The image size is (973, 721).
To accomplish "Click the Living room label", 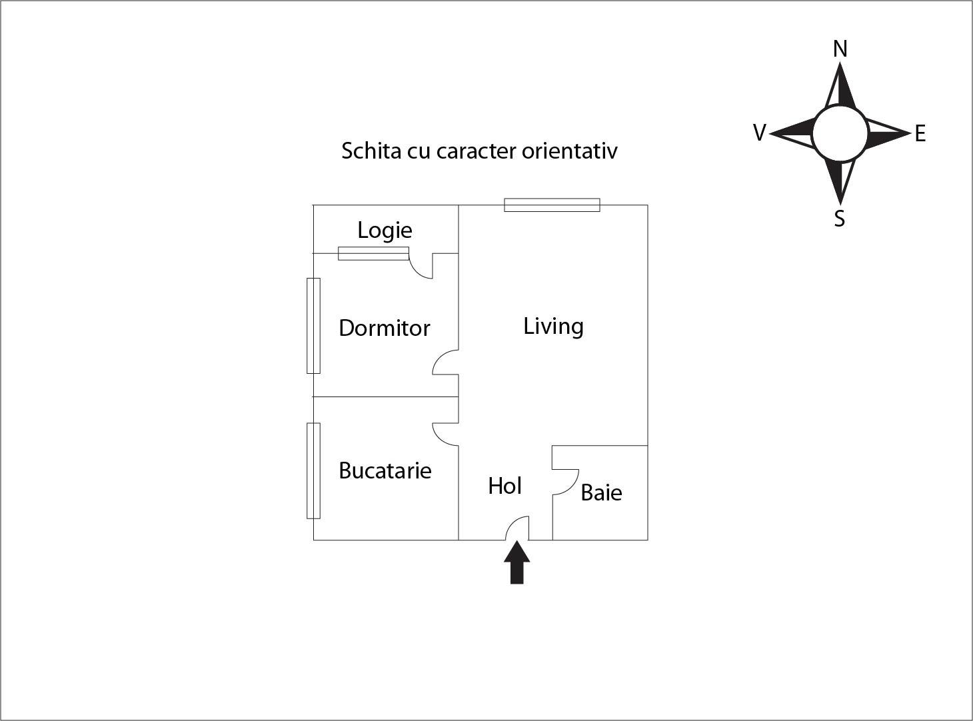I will click(x=553, y=326).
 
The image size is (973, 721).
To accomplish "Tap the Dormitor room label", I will click(x=385, y=328).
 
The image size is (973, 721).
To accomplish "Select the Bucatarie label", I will click(x=385, y=470).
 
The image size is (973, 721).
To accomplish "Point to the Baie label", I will click(x=601, y=492).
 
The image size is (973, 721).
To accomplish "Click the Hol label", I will click(x=504, y=486).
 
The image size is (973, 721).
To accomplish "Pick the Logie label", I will click(x=385, y=230).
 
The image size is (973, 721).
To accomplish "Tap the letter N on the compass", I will click(x=840, y=49).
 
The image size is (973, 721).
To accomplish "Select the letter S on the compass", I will click(x=840, y=219).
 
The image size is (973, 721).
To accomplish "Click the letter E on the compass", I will click(x=920, y=134).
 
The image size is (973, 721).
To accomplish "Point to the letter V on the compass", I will click(x=759, y=133).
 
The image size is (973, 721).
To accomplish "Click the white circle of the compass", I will click(x=840, y=133).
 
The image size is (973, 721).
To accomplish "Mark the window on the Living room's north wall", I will click(x=552, y=205).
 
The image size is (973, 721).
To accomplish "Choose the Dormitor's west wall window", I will click(x=313, y=325).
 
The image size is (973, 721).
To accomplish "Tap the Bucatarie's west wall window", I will click(x=313, y=470).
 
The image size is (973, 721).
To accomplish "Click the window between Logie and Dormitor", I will click(x=373, y=253).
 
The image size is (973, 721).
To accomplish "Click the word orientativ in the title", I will click(x=569, y=151).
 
